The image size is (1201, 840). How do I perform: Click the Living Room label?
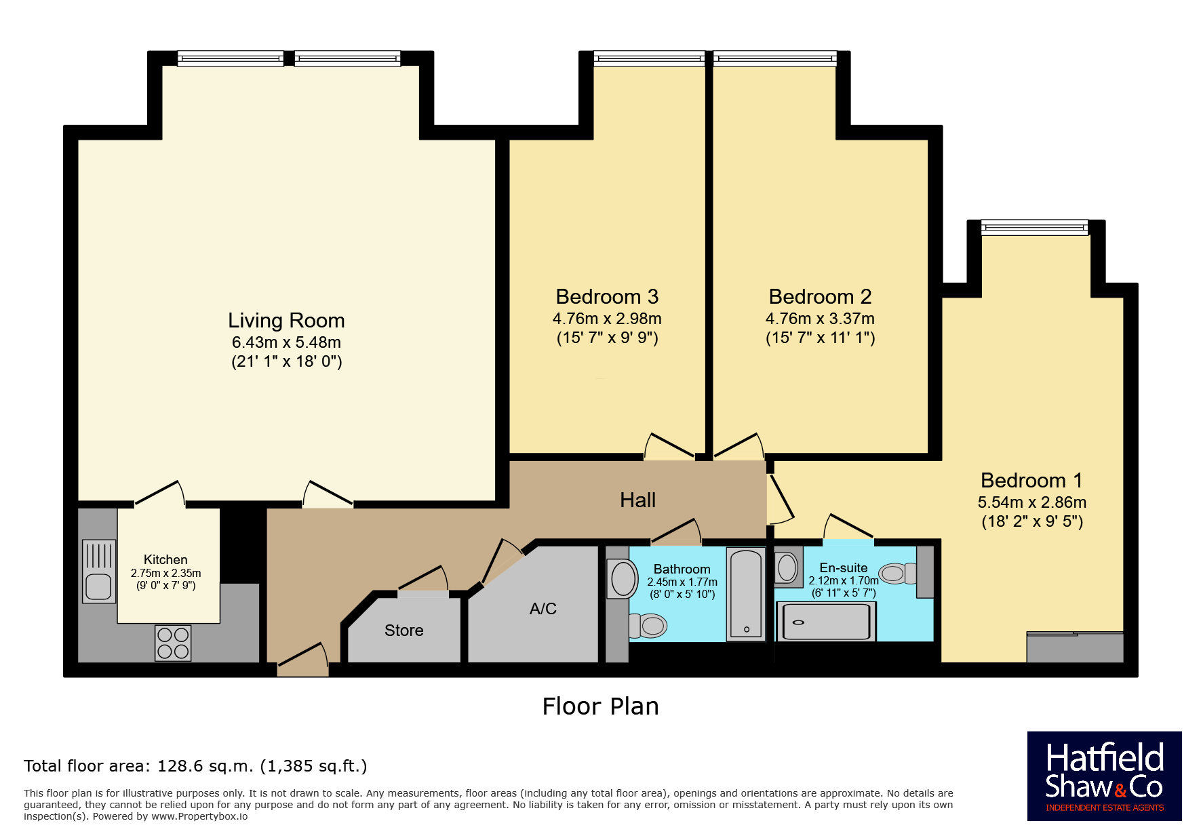click(x=286, y=320)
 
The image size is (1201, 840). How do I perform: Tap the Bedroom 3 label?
click(x=607, y=296)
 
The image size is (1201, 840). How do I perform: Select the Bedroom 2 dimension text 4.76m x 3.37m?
click(x=820, y=319)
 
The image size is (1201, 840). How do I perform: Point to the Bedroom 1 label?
click(x=1031, y=480)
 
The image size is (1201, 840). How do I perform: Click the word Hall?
click(x=637, y=500)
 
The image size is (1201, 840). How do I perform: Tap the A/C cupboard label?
click(x=543, y=609)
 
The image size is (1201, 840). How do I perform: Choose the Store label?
click(x=403, y=631)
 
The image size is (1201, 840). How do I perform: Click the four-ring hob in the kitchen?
click(x=173, y=643)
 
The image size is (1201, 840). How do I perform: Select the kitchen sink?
click(x=98, y=571)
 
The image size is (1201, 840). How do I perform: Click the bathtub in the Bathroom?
click(x=746, y=595)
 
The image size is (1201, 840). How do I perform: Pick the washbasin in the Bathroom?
click(x=622, y=579)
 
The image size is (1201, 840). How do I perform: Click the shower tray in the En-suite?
click(x=825, y=621)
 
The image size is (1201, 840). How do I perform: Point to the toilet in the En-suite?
click(x=899, y=574)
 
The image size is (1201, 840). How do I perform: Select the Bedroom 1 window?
click(x=1034, y=228)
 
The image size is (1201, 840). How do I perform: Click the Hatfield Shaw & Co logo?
click(x=1104, y=776)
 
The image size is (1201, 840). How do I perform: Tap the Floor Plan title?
click(x=600, y=706)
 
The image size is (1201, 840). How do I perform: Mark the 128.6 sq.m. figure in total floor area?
click(x=205, y=766)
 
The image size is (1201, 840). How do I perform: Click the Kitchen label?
click(x=165, y=559)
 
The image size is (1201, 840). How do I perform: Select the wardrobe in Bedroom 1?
click(x=1075, y=647)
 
